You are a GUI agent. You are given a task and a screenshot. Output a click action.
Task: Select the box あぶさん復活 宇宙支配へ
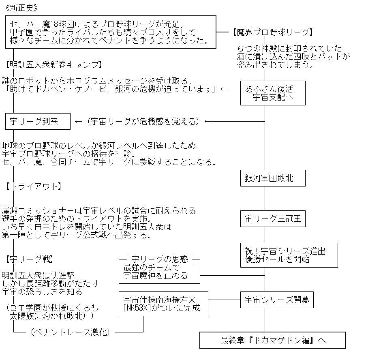tap(272, 93)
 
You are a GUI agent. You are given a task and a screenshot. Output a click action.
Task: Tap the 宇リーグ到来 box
tap(38, 121)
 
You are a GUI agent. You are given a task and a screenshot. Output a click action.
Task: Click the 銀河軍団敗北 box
tap(272, 178)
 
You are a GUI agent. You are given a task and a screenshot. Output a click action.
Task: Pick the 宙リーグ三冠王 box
tap(272, 219)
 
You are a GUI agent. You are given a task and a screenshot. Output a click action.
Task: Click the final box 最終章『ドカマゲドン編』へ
tap(272, 340)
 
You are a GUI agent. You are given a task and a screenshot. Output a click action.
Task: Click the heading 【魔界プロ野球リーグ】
tap(272, 32)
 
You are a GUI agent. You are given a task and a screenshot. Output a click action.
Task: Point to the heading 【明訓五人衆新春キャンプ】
tap(53, 65)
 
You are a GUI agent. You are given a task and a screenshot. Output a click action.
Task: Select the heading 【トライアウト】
tap(33, 186)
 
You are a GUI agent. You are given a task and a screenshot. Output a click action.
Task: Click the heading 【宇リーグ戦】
tap(30, 259)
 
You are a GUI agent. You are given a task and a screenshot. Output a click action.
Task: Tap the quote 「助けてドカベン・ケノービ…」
tap(109, 89)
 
